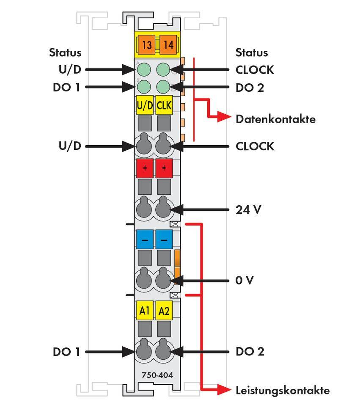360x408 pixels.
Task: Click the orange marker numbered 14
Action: pos(168,44)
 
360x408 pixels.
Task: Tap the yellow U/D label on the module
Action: pos(145,106)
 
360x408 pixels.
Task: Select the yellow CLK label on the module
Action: pos(164,106)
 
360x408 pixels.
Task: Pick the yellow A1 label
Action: pos(145,311)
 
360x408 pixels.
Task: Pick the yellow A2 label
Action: pos(164,311)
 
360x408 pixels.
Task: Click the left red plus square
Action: pos(145,168)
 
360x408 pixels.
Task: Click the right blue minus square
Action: pos(164,240)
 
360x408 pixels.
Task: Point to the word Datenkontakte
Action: pos(275,119)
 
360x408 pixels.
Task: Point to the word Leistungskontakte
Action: pos(282,390)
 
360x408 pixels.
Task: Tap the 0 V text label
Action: pos(244,280)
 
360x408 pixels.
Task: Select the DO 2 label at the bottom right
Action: pos(250,352)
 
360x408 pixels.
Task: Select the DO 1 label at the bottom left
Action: pos(66,352)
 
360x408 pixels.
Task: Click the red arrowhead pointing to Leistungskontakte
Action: pos(224,390)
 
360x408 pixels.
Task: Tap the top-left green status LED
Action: pos(145,69)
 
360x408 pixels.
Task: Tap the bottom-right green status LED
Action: pos(163,87)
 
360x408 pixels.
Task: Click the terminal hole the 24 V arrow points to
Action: pos(164,209)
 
